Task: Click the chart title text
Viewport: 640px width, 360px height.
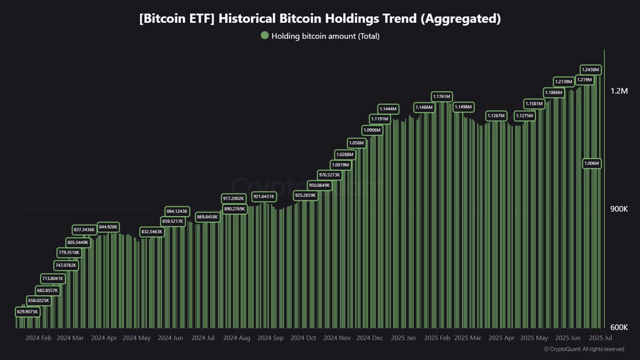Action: point(320,19)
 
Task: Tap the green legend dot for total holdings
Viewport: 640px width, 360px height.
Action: point(265,36)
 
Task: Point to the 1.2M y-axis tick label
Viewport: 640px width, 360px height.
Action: point(619,91)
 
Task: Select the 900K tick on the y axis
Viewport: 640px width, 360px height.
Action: point(619,209)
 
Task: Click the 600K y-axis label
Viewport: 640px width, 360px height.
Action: point(619,327)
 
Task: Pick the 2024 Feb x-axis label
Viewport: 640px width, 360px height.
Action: point(38,338)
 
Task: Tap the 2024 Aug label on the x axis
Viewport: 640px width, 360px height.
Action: point(237,338)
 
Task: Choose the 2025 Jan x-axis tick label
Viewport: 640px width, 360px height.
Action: point(404,338)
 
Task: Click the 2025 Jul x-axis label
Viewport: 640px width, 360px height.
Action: point(600,338)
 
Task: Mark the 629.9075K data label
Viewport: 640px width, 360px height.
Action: point(27,311)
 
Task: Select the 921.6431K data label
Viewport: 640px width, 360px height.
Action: point(264,197)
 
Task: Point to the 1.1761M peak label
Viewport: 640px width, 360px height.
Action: point(441,97)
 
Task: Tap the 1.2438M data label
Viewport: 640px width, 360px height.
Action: point(590,69)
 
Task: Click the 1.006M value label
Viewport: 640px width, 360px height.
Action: point(591,163)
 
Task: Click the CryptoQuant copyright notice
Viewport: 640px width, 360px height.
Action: point(584,349)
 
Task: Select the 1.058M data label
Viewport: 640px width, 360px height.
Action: point(356,143)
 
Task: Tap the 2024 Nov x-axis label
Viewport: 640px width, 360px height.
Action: point(337,338)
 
